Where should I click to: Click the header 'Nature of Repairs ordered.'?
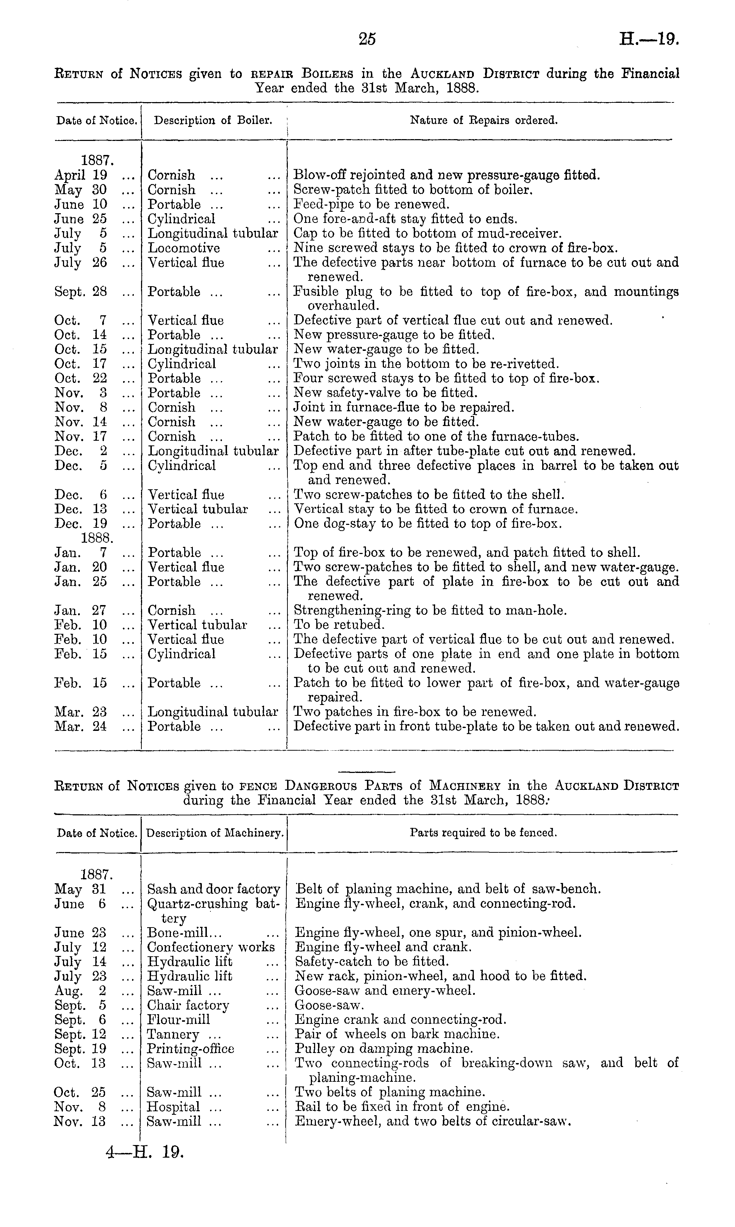point(484,120)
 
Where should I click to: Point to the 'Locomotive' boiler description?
point(184,248)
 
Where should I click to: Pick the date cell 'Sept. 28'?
point(80,292)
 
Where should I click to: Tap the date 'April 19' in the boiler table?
point(80,175)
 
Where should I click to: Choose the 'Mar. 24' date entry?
point(80,727)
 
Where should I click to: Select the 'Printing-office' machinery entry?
point(191,1048)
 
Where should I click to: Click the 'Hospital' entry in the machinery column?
point(173,1107)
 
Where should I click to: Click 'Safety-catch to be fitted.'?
point(372,961)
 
